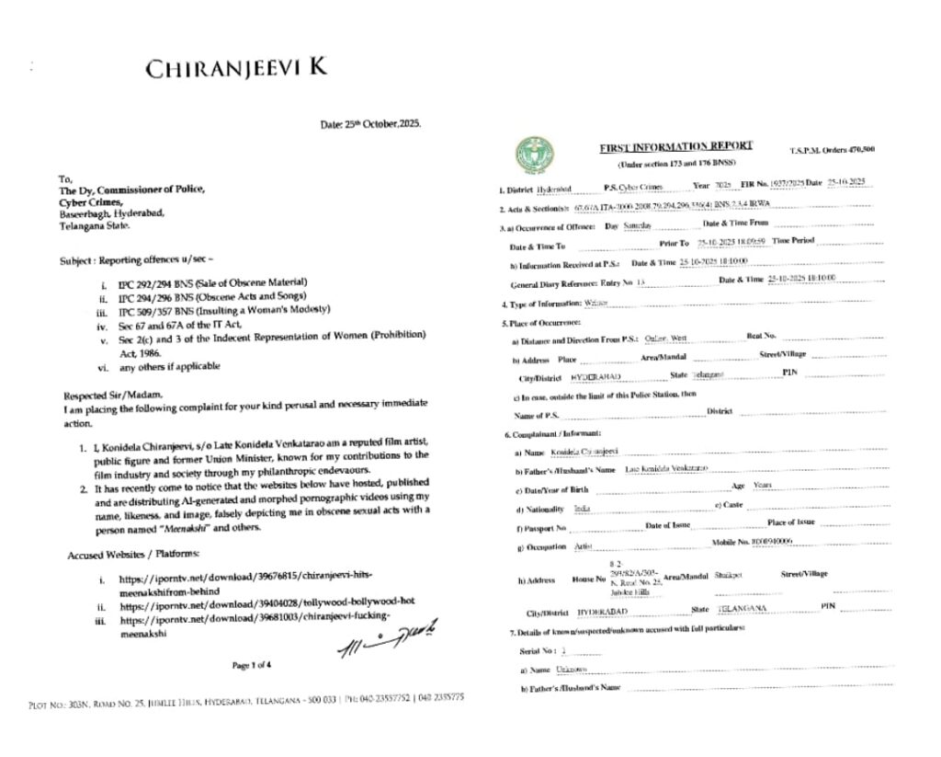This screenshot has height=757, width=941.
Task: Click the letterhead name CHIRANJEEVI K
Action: [236, 69]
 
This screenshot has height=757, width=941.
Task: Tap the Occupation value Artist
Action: [583, 546]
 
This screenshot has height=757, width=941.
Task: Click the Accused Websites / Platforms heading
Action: [132, 556]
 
